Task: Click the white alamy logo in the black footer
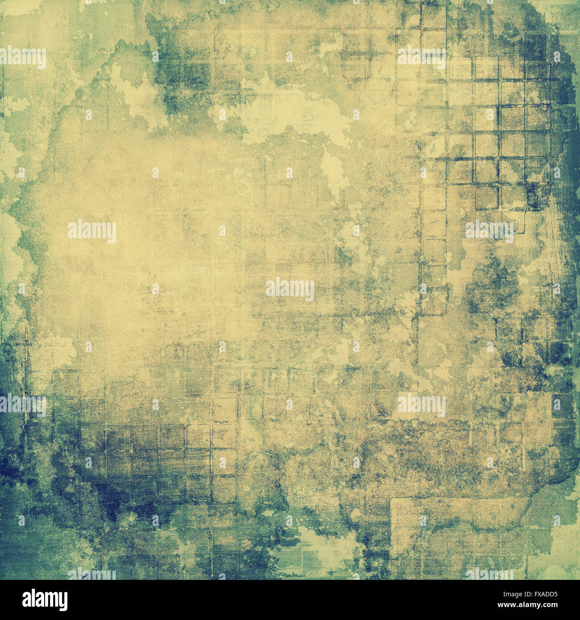click(x=45, y=599)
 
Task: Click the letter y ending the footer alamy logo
click(x=64, y=601)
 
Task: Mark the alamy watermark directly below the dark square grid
click(x=489, y=231)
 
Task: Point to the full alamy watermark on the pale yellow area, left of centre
click(x=92, y=231)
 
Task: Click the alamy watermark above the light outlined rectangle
click(x=421, y=405)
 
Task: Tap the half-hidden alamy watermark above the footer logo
click(x=91, y=575)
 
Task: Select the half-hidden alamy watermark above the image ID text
click(x=489, y=574)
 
